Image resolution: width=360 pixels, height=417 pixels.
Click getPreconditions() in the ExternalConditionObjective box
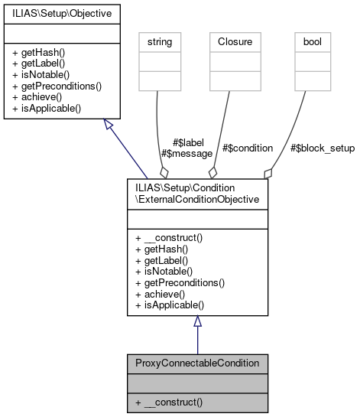[180, 282]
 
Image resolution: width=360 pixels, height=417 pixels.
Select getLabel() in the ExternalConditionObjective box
[161, 261]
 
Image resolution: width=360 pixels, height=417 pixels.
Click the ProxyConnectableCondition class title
[197, 362]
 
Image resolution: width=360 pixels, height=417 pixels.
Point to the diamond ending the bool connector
[267, 173]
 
